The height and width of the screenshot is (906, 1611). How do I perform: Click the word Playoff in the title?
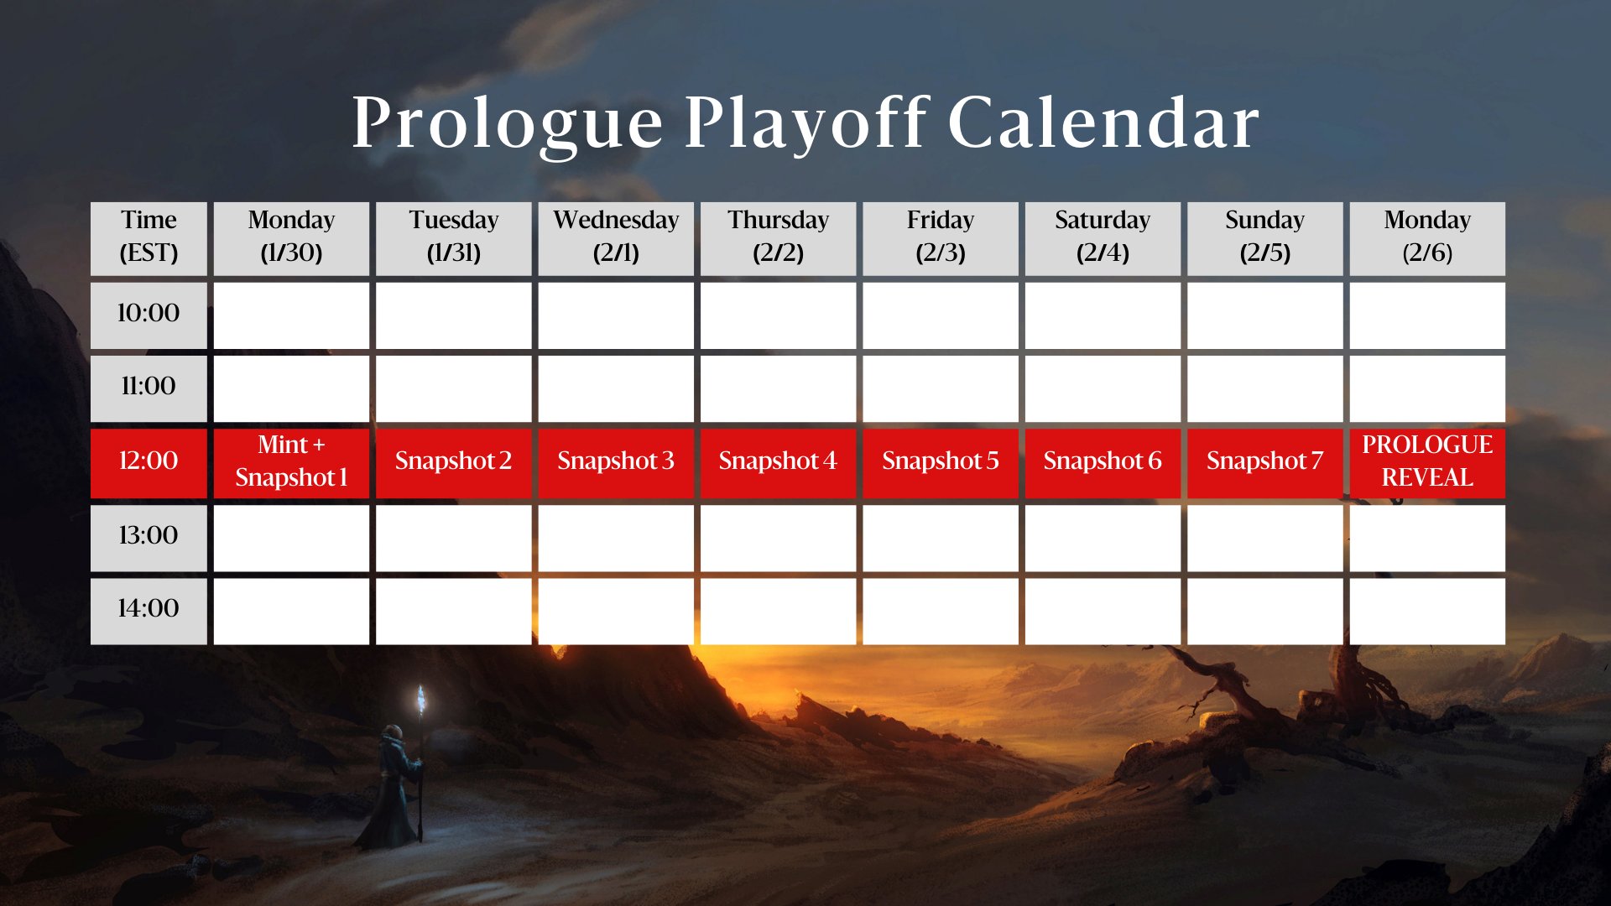tap(806, 123)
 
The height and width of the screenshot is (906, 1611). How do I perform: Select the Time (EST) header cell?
tap(149, 238)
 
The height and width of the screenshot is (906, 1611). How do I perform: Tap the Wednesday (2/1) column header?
tap(616, 238)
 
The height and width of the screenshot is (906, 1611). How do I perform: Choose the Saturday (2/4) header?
tap(1103, 238)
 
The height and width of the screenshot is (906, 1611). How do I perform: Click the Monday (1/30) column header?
tap(291, 238)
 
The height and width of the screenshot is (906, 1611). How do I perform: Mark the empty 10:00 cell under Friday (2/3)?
tap(941, 315)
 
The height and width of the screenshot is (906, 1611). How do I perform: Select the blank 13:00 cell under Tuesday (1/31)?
tap(454, 538)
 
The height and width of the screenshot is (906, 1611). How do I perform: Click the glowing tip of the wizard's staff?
tap(421, 698)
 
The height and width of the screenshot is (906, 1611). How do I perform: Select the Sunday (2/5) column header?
tap(1264, 238)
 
